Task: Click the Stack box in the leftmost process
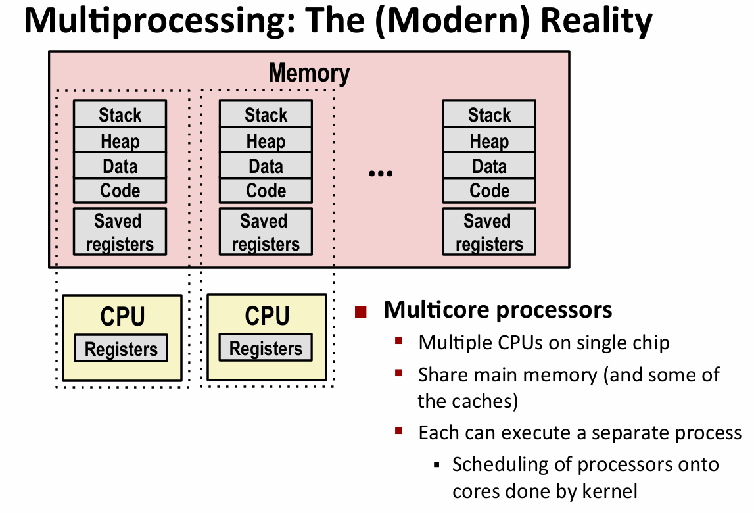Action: pos(120,114)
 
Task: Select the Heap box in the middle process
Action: pos(266,140)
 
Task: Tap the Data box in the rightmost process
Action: pos(489,166)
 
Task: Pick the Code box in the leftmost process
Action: pos(120,191)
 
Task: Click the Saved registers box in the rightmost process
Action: pos(489,232)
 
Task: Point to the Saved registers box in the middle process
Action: pos(266,232)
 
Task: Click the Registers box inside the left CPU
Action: pos(121,349)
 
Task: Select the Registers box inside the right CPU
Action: pos(266,349)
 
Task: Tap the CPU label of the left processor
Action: pos(122,316)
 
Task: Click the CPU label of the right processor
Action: pos(267,316)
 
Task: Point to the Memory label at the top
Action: pos(309,73)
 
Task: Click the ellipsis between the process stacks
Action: pos(381,174)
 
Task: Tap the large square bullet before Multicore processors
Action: pos(360,311)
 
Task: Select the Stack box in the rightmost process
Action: pos(489,114)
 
